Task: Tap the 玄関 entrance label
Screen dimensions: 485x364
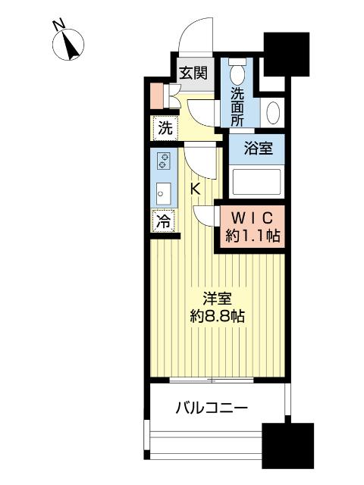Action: coord(193,74)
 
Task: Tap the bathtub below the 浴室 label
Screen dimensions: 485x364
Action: coord(256,182)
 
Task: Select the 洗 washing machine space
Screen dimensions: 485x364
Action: coord(164,128)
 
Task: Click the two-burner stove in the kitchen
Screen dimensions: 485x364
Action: coord(163,161)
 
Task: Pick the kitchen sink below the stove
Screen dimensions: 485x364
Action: coord(163,193)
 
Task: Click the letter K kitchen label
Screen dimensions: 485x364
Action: coord(195,189)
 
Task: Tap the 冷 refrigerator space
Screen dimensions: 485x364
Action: coord(162,222)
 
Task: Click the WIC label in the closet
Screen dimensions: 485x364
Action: coord(253,216)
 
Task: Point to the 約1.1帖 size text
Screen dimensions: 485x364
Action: coord(253,235)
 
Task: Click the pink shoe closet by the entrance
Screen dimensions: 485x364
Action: coord(155,95)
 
